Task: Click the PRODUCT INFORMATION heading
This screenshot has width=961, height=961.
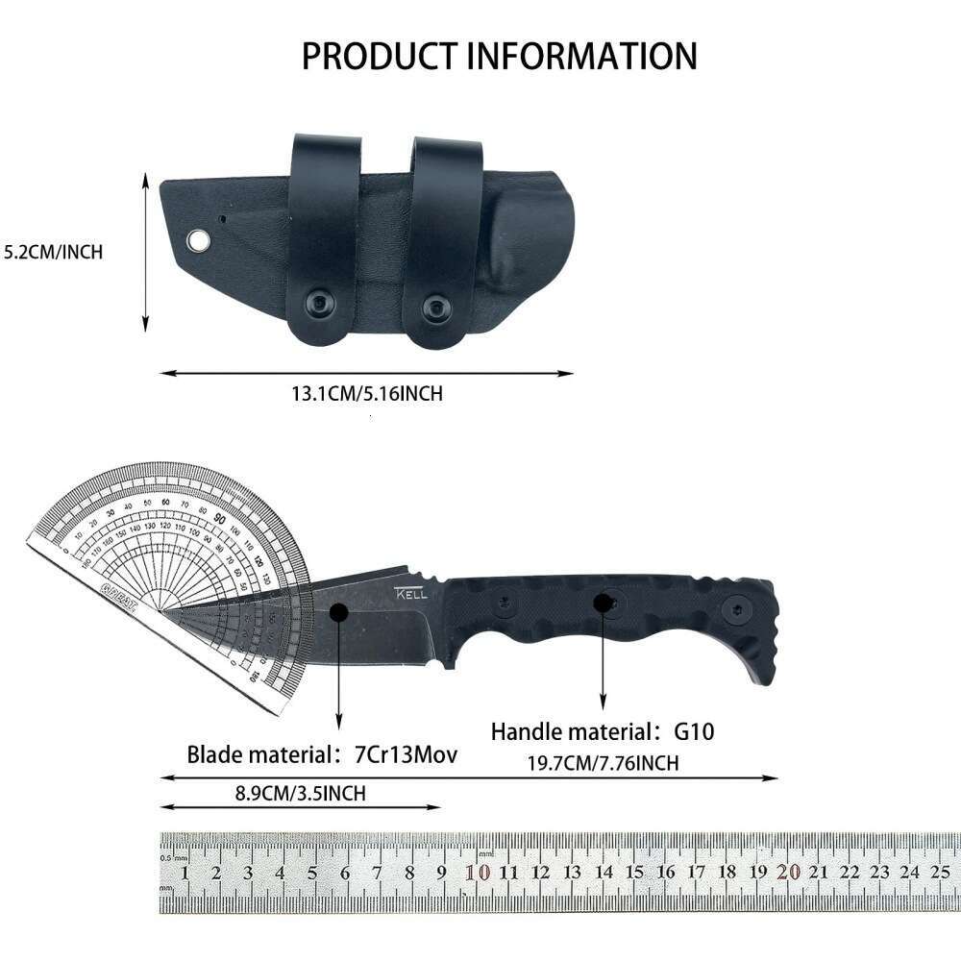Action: (x=499, y=56)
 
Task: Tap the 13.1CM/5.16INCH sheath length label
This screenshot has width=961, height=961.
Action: (x=367, y=394)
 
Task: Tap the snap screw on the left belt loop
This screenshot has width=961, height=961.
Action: (x=318, y=303)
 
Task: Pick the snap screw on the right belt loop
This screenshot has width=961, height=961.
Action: (x=435, y=307)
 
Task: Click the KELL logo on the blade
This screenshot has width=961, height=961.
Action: (x=411, y=594)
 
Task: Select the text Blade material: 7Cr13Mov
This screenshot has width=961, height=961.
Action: (x=321, y=754)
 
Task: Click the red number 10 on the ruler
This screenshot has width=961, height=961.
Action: (x=478, y=872)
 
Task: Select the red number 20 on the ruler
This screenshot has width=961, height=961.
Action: (x=788, y=872)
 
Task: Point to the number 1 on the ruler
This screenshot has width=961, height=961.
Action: (x=185, y=873)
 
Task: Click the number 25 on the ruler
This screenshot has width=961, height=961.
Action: (x=940, y=872)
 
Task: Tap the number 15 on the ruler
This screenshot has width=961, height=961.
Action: (x=633, y=872)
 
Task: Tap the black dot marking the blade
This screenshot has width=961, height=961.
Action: (x=338, y=611)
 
